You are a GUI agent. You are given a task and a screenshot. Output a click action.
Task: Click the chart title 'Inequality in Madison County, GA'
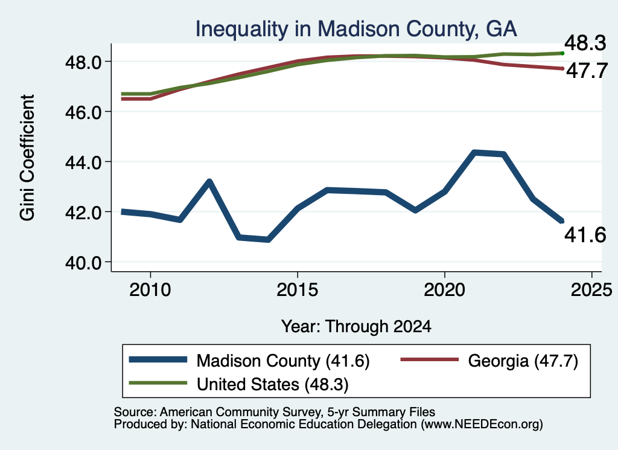point(356,29)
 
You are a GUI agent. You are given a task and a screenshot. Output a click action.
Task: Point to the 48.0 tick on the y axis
point(83,62)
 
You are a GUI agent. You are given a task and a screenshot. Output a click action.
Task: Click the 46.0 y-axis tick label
point(83,112)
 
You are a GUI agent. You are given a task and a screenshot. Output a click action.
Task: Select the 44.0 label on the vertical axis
point(83,162)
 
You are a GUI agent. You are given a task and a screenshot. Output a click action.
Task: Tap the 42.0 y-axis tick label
point(83,212)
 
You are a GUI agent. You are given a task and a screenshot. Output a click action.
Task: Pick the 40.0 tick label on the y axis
point(83,262)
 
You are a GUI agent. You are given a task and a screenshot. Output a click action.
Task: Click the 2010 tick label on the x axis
point(150,290)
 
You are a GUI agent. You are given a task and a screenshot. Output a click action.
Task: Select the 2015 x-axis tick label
point(298,290)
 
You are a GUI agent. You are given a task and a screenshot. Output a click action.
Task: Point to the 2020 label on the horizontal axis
point(445,290)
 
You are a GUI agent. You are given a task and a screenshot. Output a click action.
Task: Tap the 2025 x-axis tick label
point(591,290)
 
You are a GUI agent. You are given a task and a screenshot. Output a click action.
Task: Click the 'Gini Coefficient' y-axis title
point(27,158)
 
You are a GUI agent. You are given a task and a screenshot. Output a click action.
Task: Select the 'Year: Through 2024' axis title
point(356,327)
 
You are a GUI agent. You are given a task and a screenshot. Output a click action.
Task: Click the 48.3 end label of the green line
point(585,43)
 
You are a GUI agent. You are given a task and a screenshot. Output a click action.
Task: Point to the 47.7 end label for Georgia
point(587,71)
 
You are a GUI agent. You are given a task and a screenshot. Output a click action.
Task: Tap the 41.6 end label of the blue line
point(585,235)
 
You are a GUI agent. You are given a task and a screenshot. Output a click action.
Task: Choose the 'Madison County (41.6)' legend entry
point(249,361)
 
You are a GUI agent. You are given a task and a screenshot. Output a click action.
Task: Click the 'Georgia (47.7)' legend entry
point(489,361)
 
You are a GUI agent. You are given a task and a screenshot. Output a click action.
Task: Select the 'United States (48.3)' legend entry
point(238,384)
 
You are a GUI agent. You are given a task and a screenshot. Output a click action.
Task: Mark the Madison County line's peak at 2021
point(474,152)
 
